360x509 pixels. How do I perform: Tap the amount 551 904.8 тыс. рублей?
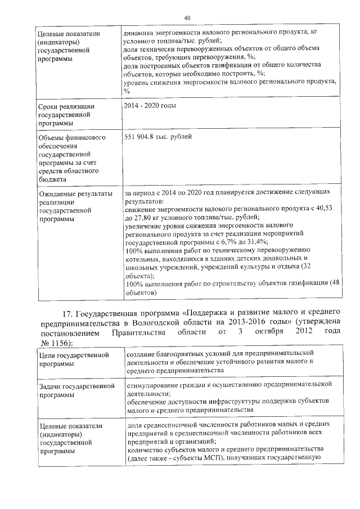point(159,137)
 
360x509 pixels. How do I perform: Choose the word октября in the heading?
point(263,334)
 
